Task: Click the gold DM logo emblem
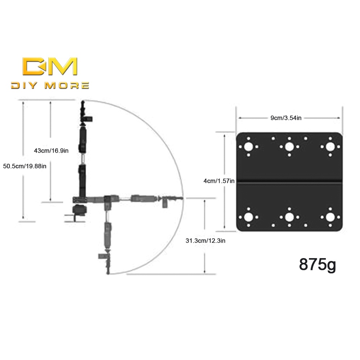(x=50, y=66)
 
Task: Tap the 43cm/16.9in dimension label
(x=51, y=151)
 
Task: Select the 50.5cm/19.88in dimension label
(x=25, y=166)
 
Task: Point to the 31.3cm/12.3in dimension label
(x=206, y=240)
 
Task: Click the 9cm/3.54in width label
(x=286, y=118)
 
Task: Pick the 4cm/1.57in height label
(x=219, y=181)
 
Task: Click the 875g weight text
(x=318, y=265)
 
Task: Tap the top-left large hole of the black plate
(x=248, y=147)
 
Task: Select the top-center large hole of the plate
(x=289, y=147)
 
